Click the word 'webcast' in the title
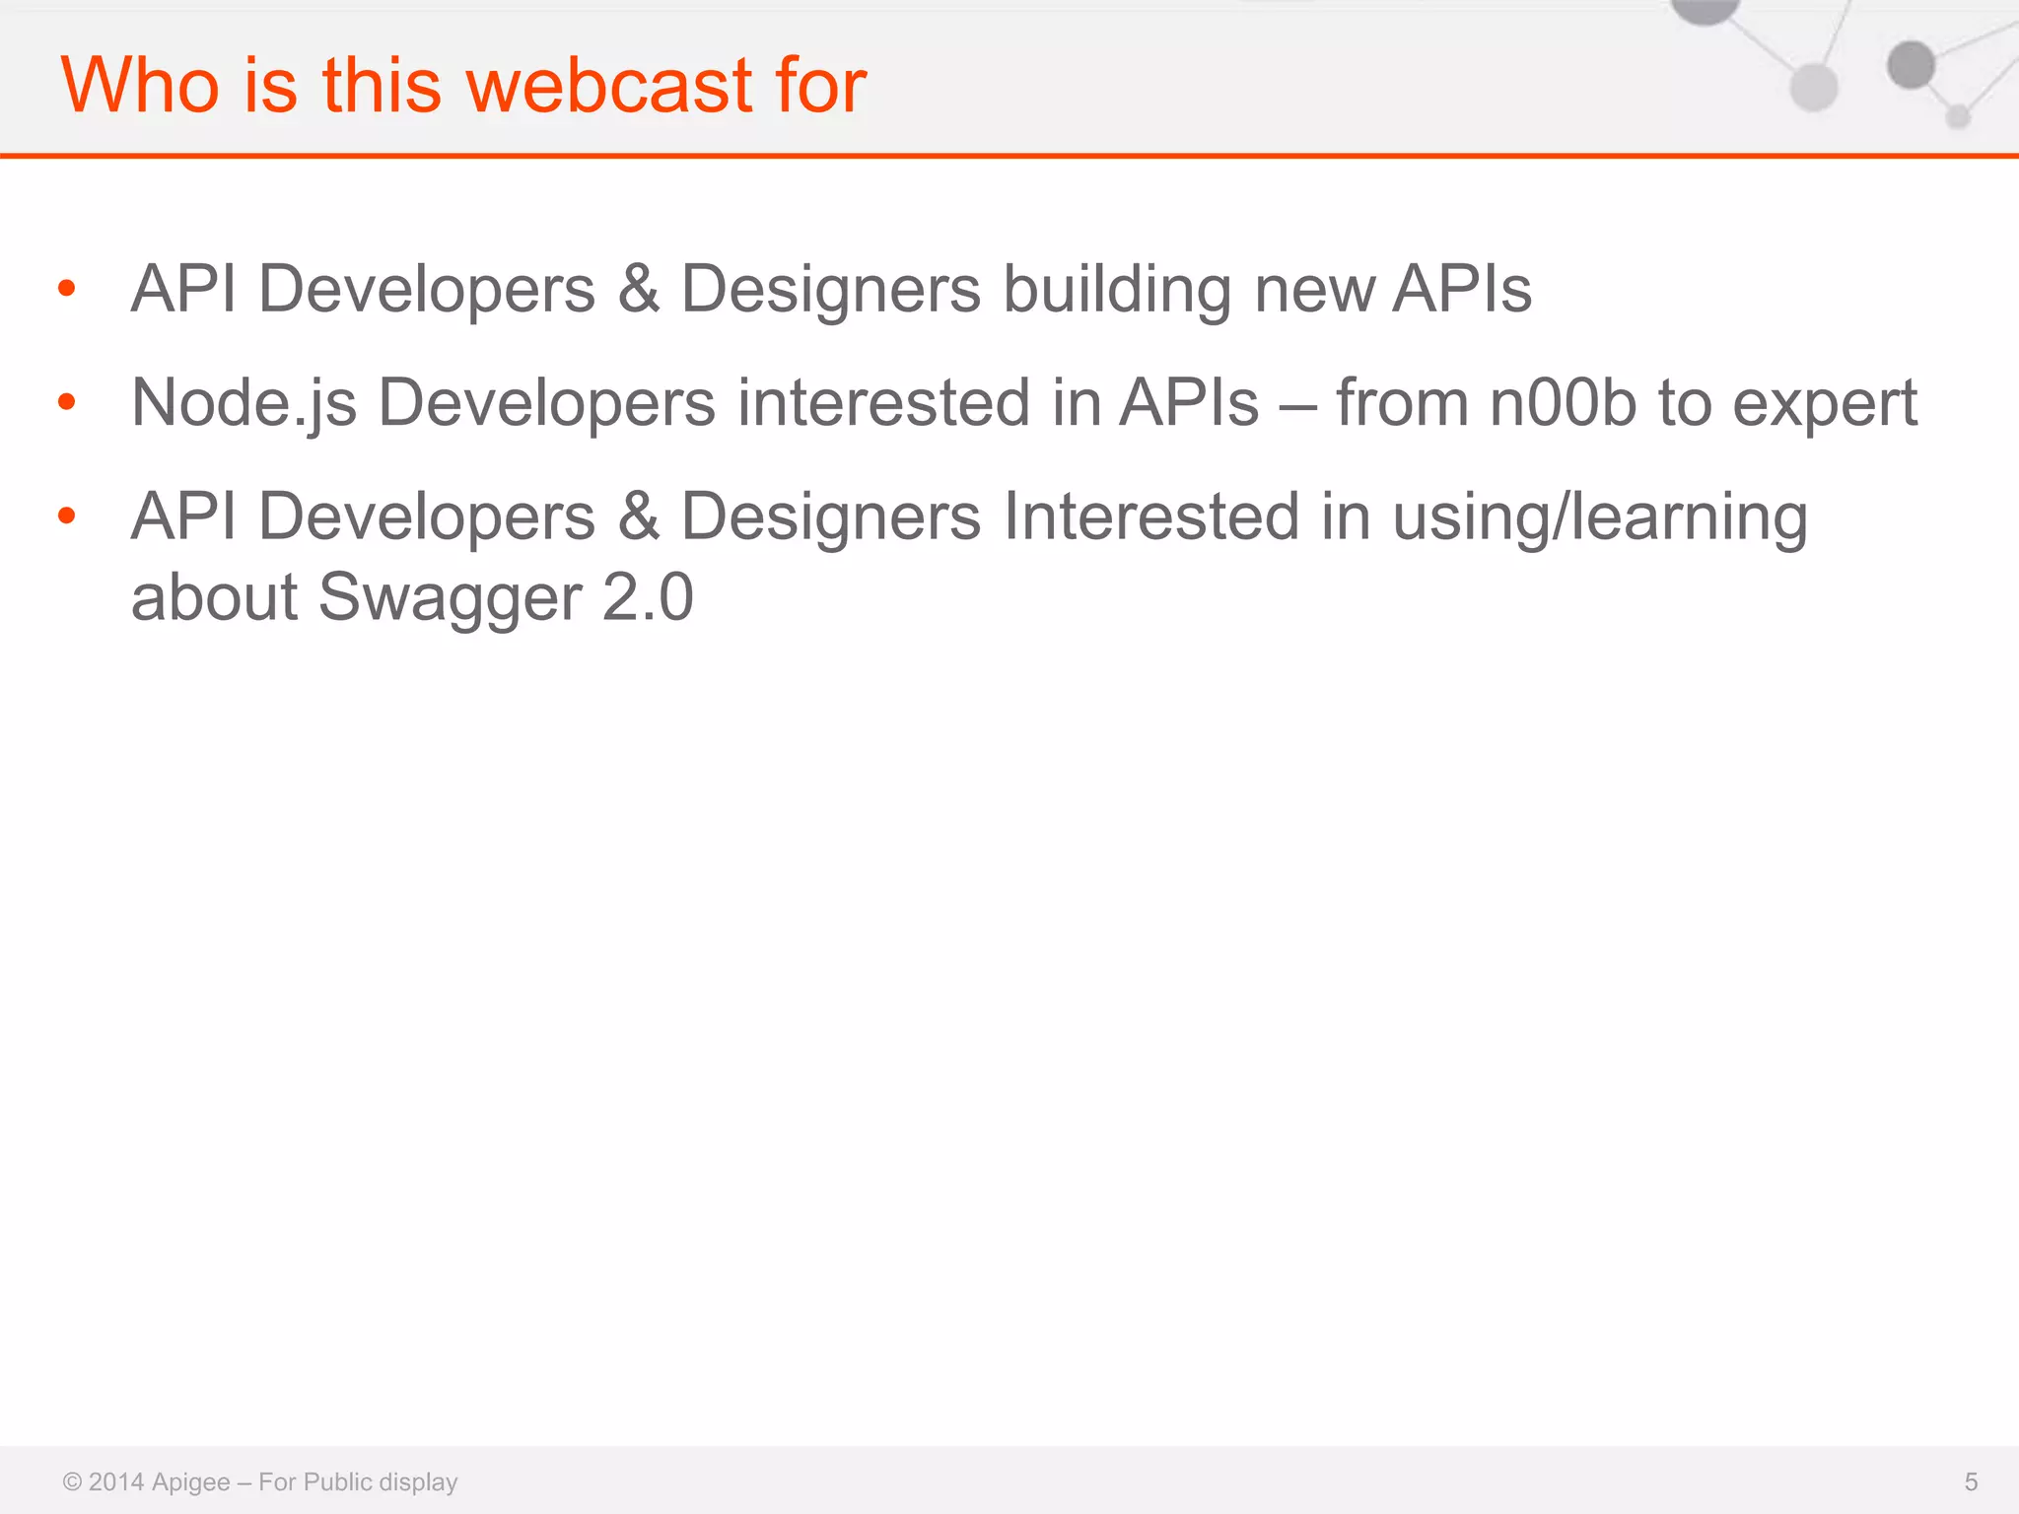609,85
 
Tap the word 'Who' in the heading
139,85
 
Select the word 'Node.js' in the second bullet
244,403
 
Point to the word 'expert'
1825,405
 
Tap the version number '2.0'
648,597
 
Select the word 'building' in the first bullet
1117,291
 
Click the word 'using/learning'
1600,517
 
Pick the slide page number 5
1971,1481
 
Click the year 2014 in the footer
116,1481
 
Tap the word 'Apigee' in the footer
191,1482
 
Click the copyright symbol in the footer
72,1481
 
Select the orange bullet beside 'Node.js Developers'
67,401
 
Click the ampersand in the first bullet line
639,290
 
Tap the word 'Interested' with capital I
1150,516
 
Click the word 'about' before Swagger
214,597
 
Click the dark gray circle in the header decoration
1911,65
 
